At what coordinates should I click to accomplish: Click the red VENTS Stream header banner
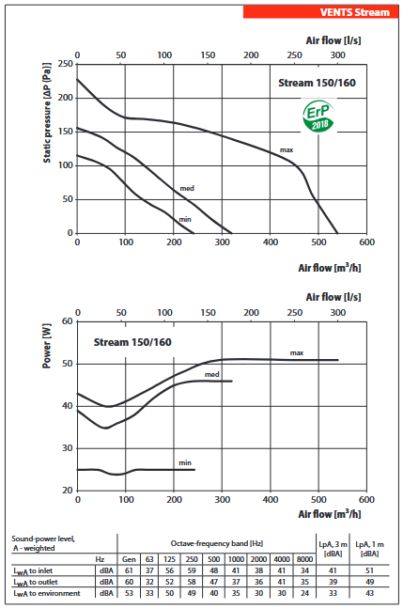(x=320, y=12)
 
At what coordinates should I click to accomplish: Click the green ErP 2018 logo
(x=318, y=117)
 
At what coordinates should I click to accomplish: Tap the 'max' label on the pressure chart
(x=287, y=150)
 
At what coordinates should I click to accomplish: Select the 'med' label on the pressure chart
(x=187, y=188)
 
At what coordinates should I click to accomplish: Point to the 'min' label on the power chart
(x=185, y=462)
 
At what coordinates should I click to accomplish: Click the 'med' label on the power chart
(x=212, y=374)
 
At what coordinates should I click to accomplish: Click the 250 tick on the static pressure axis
(x=65, y=64)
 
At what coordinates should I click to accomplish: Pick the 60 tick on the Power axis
(x=68, y=321)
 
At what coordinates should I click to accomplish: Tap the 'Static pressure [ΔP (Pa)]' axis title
(x=47, y=113)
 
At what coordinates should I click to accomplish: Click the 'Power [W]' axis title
(x=47, y=345)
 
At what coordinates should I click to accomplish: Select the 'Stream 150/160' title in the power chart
(x=132, y=342)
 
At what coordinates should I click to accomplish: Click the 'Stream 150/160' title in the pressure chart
(x=317, y=83)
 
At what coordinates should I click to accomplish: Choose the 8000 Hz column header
(x=304, y=559)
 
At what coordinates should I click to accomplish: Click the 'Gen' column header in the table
(x=129, y=559)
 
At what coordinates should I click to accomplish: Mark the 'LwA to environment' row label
(x=47, y=593)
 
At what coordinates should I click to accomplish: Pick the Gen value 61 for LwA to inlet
(x=129, y=570)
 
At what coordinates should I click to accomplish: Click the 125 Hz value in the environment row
(x=170, y=593)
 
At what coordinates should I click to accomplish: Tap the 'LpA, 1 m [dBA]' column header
(x=369, y=549)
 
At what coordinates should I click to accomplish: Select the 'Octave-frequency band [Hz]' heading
(x=217, y=543)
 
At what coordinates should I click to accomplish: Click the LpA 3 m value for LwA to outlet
(x=333, y=582)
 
